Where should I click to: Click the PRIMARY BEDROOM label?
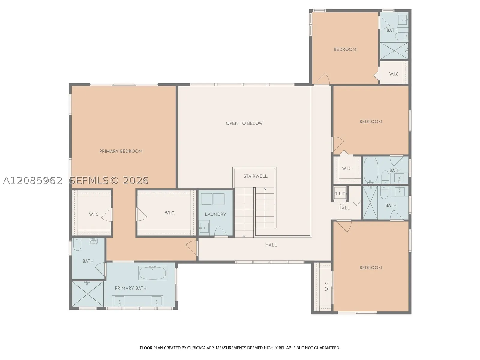[x=121, y=151]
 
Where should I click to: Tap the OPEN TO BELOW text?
[x=244, y=123]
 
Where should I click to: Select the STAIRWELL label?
[x=255, y=176]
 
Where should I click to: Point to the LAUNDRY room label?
[x=215, y=214]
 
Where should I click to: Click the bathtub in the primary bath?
[x=153, y=273]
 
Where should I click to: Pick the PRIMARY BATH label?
[x=131, y=288]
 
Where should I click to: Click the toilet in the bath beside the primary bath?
[x=77, y=244]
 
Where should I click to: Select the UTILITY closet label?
[x=340, y=194]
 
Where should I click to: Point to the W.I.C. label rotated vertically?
[x=327, y=286]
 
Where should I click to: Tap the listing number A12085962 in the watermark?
[x=33, y=181]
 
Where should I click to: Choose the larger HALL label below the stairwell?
[x=271, y=245]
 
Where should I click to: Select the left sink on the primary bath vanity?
[x=120, y=301]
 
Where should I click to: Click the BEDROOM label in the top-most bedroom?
[x=345, y=49]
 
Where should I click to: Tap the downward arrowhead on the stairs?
[x=244, y=236]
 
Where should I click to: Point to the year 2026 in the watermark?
[x=136, y=181]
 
